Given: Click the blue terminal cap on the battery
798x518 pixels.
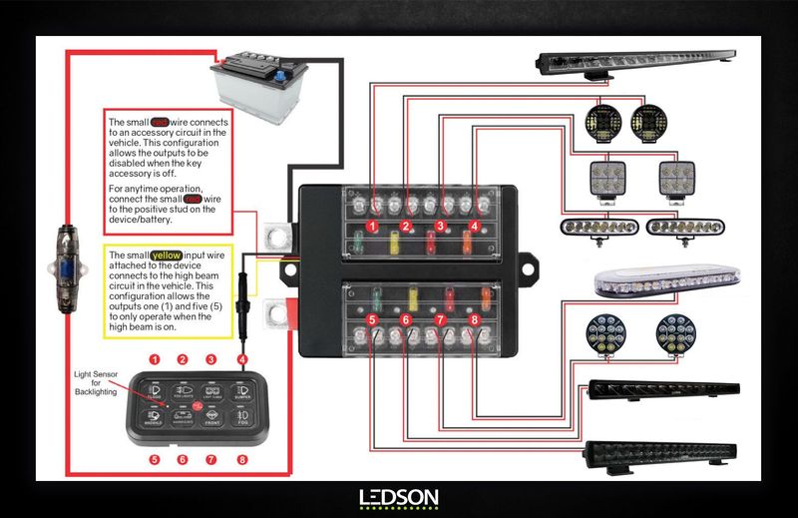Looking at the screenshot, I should pos(282,76).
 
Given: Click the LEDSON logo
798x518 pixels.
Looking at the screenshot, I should pos(398,497).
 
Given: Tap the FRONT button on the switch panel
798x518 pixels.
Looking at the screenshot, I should pos(211,420).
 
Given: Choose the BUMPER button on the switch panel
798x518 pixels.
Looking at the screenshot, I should pos(240,391).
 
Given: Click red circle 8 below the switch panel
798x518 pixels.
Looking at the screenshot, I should pos(240,460).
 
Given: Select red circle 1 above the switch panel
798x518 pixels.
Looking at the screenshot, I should pos(155,359).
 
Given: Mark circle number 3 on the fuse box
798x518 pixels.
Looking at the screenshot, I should pos(440,227).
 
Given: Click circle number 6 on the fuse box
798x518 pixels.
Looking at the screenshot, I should pos(406,320).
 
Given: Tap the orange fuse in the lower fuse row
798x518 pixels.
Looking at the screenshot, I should pos(486,296).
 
